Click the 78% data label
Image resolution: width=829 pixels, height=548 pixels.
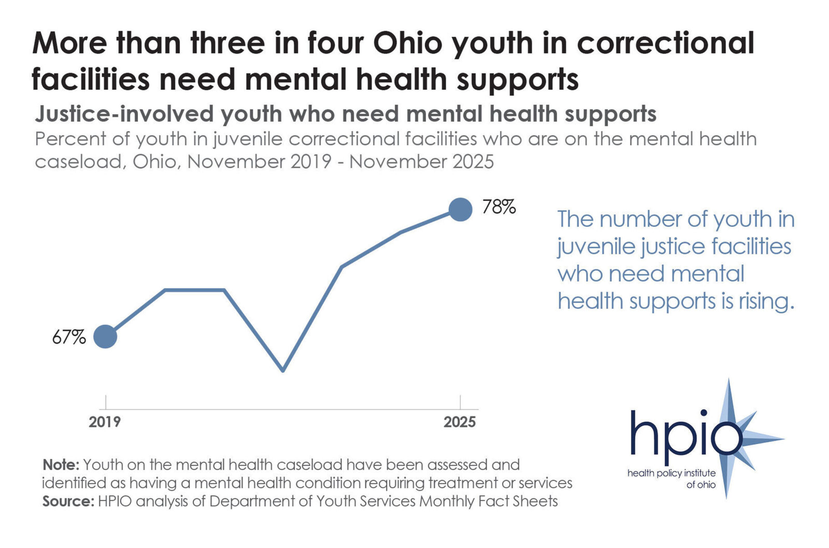pyautogui.click(x=499, y=207)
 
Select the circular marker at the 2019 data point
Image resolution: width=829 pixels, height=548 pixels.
pyautogui.click(x=105, y=337)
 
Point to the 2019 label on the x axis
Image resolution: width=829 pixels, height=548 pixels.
pyautogui.click(x=104, y=422)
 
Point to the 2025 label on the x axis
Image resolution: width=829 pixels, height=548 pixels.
pyautogui.click(x=459, y=422)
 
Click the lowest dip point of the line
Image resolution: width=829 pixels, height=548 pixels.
pyautogui.click(x=283, y=370)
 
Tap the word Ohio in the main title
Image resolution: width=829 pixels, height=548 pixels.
pyautogui.click(x=407, y=43)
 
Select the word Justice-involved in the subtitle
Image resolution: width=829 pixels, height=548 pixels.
pyautogui.click(x=124, y=114)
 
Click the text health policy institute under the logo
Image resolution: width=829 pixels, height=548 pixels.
pyautogui.click(x=671, y=473)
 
